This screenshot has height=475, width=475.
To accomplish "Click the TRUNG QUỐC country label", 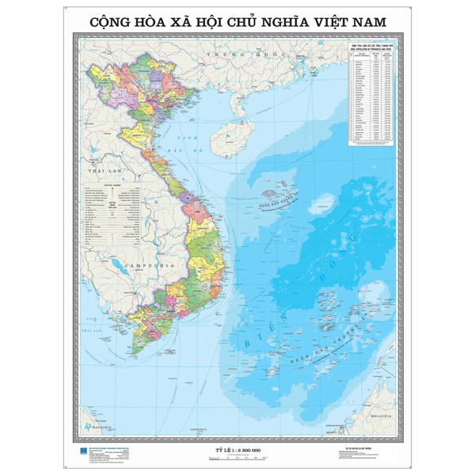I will click(226, 53).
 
